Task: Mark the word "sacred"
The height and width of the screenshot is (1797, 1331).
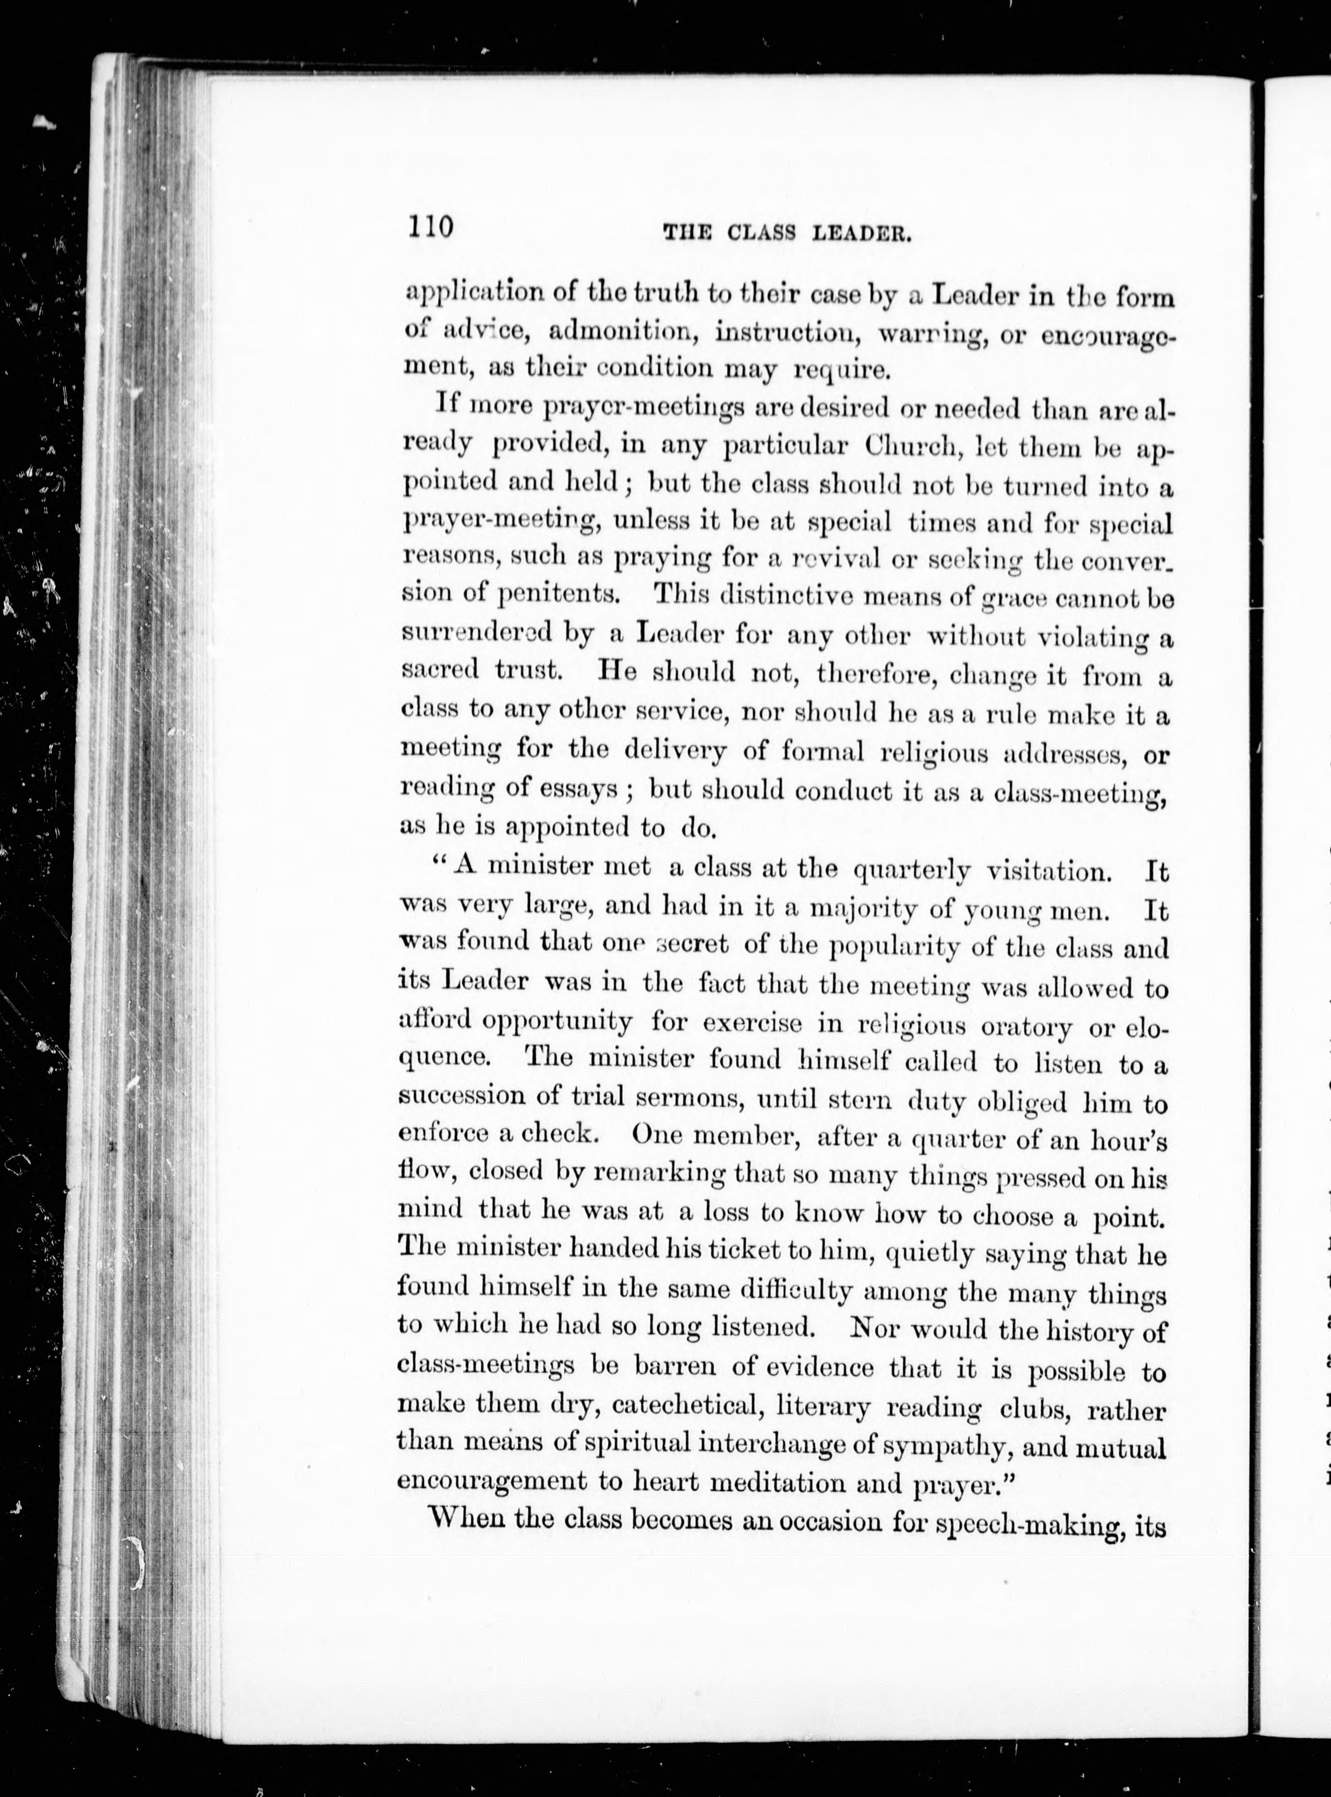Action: click(x=441, y=669)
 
